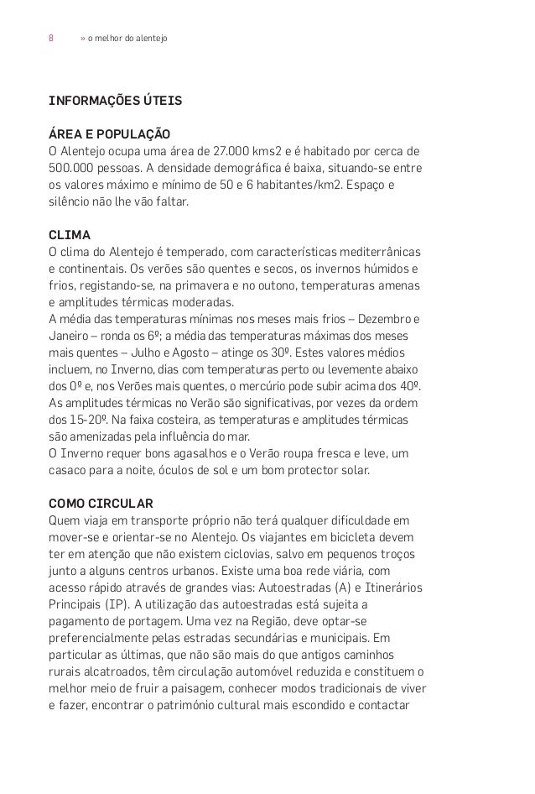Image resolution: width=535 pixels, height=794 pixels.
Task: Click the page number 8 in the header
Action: click(51, 39)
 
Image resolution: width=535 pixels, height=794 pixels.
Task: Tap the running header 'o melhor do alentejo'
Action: click(127, 39)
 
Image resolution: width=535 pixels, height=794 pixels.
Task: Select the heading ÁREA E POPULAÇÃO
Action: click(110, 134)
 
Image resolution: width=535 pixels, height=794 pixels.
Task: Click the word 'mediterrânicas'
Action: click(380, 251)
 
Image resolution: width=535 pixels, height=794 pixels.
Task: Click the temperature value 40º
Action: click(410, 386)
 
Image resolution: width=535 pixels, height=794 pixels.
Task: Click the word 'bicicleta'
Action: click(357, 538)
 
